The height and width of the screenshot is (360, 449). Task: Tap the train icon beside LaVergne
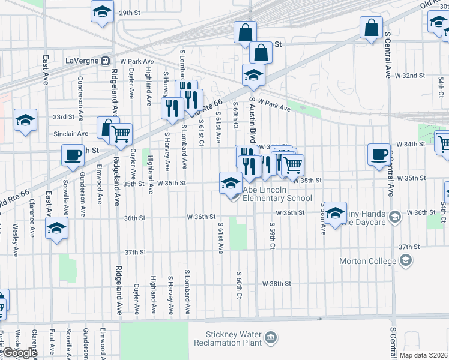point(105,61)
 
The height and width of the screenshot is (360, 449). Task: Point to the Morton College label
point(368,261)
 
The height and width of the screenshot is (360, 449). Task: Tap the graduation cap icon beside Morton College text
point(406,260)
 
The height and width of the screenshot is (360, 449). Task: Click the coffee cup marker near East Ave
point(73,155)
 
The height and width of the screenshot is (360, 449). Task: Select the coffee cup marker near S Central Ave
point(379,154)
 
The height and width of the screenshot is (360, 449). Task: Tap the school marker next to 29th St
point(103,11)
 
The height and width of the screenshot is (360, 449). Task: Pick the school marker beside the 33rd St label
point(26,119)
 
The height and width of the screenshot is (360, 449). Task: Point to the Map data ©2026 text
point(423,355)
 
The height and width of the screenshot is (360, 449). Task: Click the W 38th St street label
point(276,283)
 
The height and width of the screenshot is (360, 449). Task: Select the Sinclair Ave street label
point(71,134)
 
